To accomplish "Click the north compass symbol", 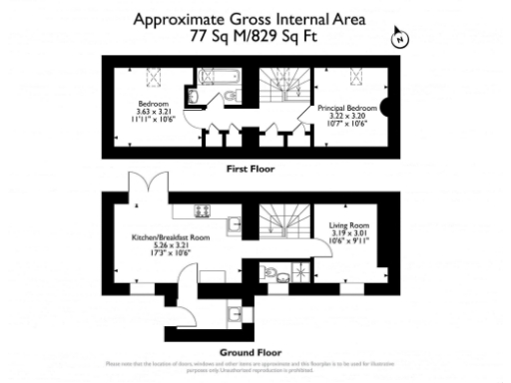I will click(x=401, y=38).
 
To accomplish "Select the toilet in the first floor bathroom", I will click(x=231, y=96).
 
